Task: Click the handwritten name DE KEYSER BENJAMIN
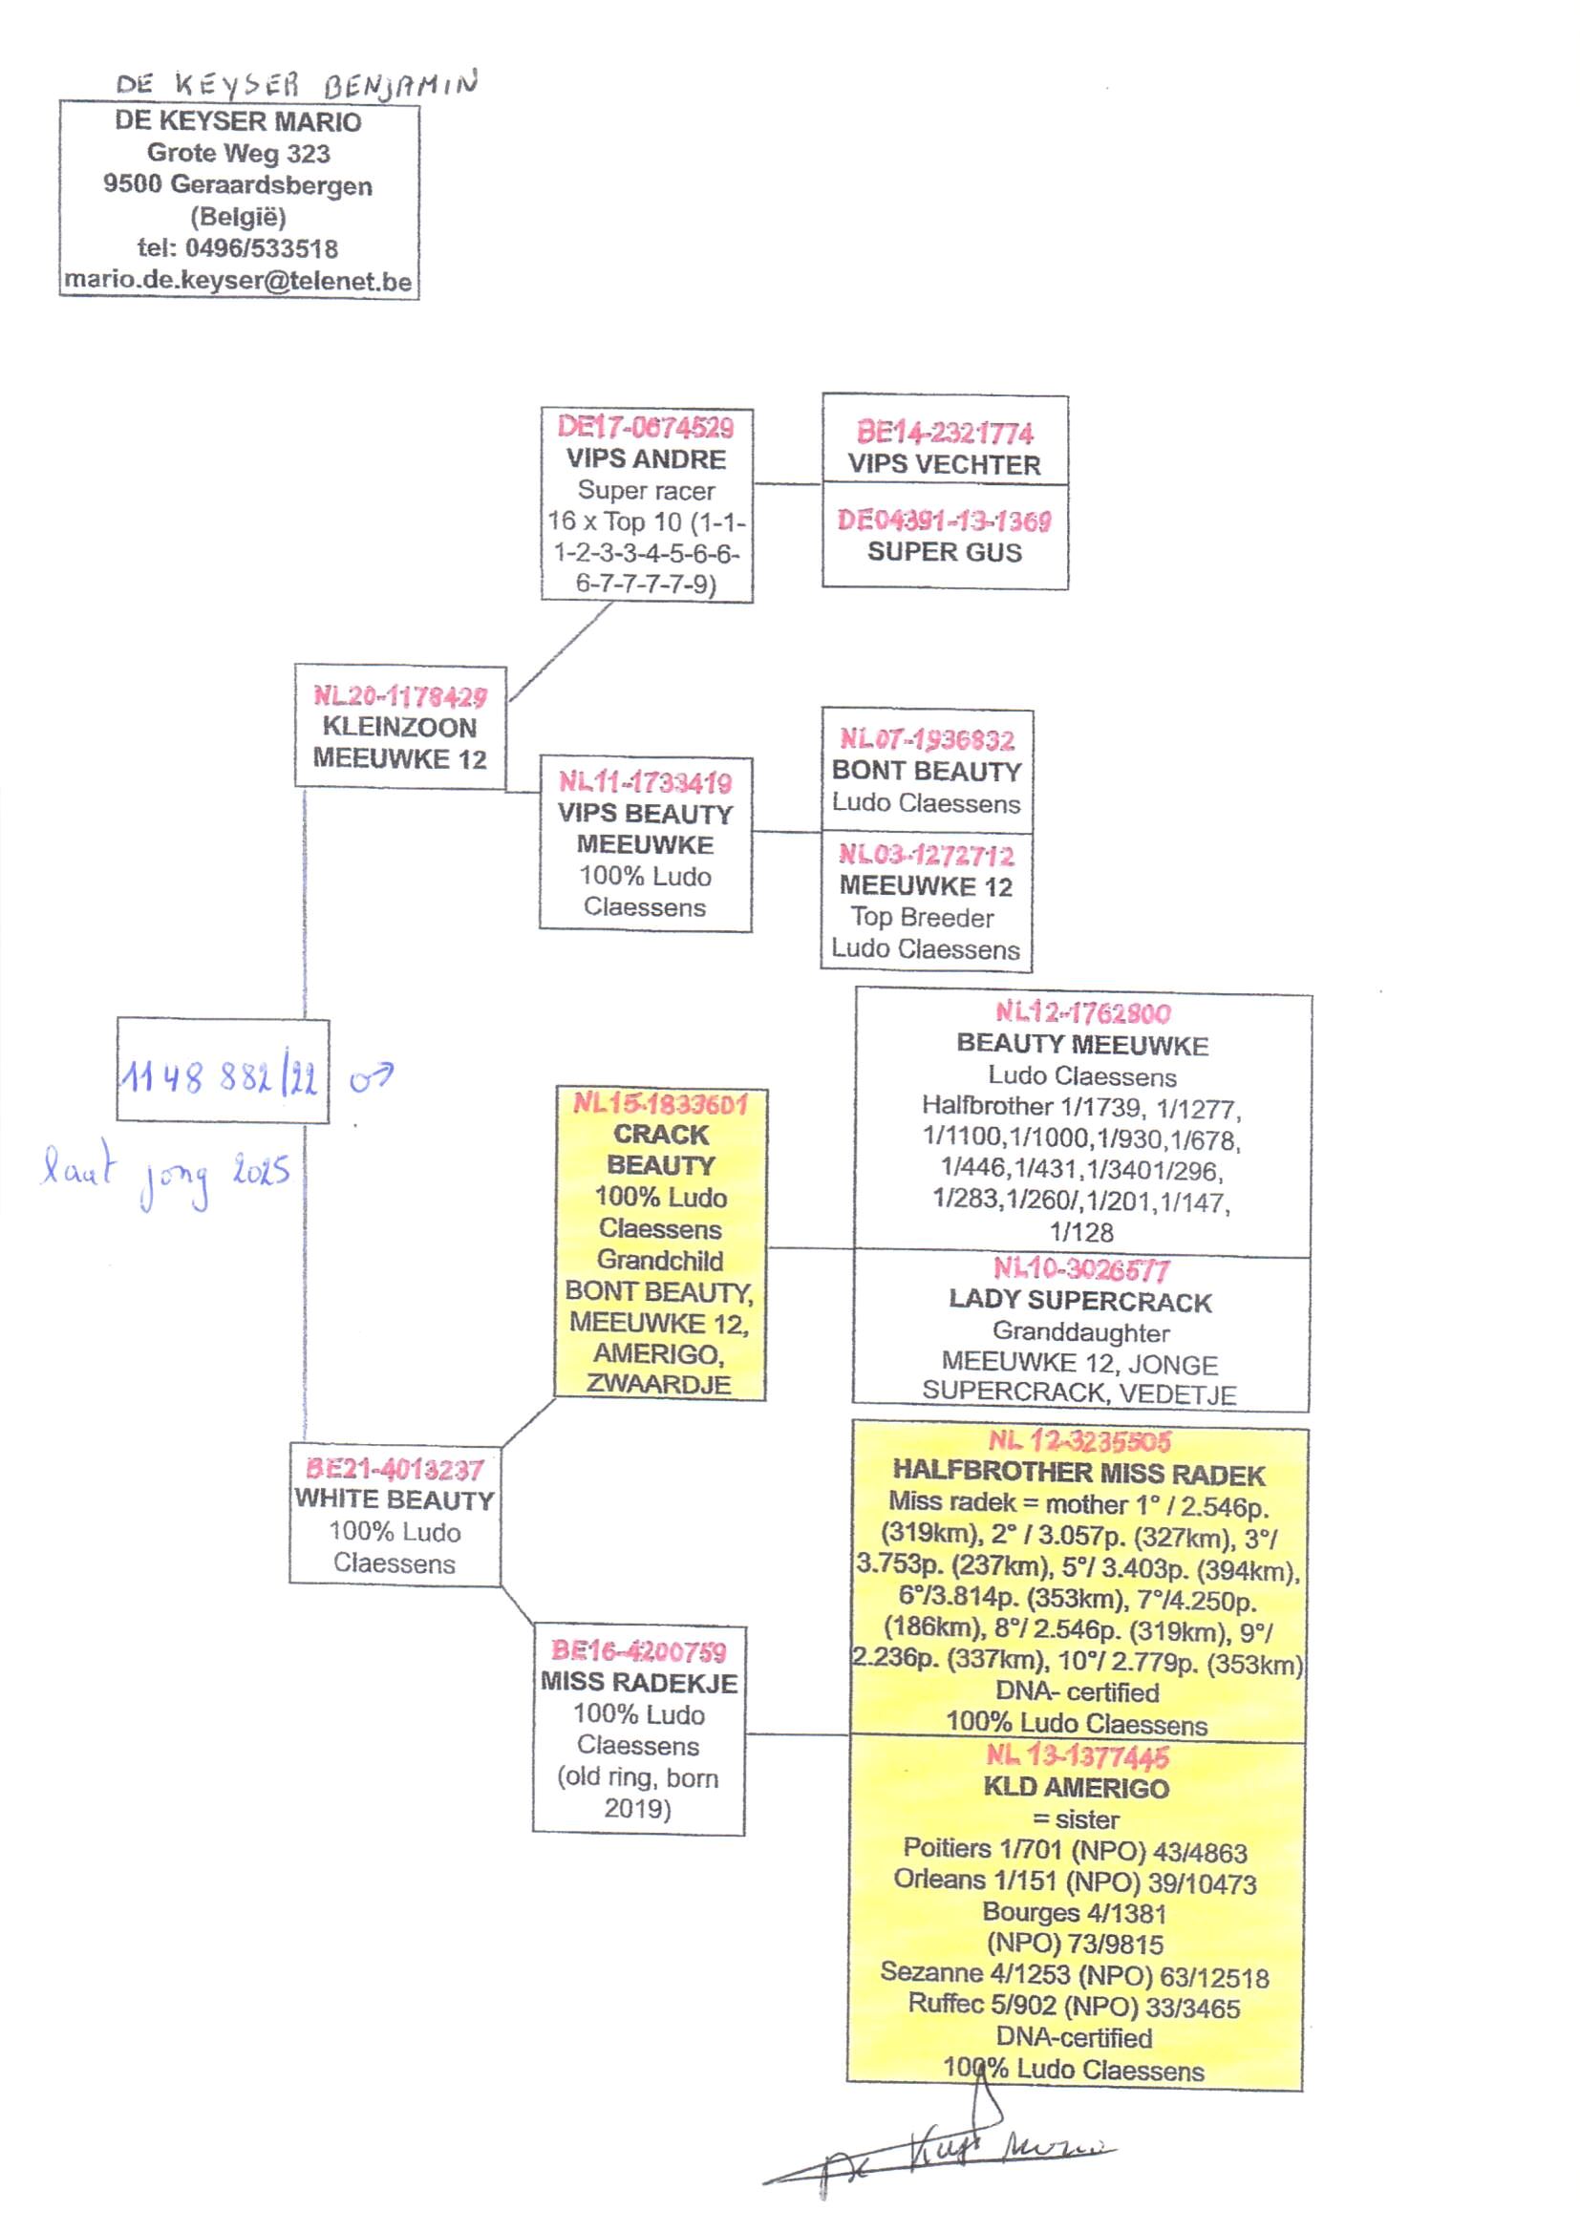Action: coord(297,85)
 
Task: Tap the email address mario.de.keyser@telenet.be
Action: coord(239,281)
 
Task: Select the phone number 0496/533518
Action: coord(262,248)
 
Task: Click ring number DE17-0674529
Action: coord(646,427)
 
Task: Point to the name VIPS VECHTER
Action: coord(944,464)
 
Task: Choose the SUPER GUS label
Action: coord(945,551)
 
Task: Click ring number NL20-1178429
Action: coord(400,695)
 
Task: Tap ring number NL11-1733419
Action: coord(645,782)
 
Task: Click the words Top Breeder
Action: coord(923,917)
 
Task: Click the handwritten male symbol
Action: coord(372,1076)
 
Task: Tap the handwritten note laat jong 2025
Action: coord(165,1175)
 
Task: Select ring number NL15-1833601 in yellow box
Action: coord(661,1104)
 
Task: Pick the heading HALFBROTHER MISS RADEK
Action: coord(1078,1475)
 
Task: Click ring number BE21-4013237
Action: coord(395,1469)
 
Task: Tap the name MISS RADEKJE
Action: coord(639,1682)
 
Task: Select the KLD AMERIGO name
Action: coord(1076,1788)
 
